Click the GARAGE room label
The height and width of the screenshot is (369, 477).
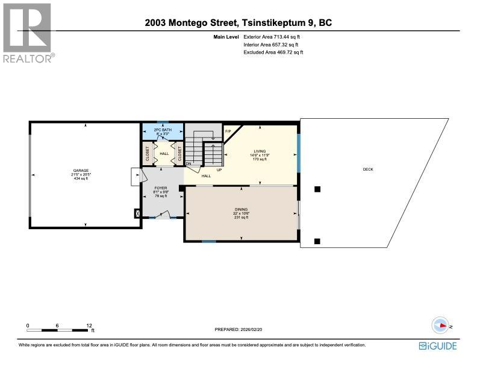pyautogui.click(x=80, y=171)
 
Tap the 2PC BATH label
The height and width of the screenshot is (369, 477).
pyautogui.click(x=160, y=130)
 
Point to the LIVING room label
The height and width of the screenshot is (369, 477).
pyautogui.click(x=260, y=151)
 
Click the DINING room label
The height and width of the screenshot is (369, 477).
pyautogui.click(x=241, y=210)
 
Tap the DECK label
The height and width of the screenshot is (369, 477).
pyautogui.click(x=367, y=169)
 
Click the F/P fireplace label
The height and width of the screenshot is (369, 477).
pyautogui.click(x=228, y=131)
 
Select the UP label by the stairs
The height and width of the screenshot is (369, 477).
pyautogui.click(x=219, y=170)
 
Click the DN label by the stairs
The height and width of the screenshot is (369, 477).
pyautogui.click(x=189, y=164)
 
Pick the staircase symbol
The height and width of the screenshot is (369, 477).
pyautogui.click(x=202, y=150)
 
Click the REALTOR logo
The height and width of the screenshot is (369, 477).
pyautogui.click(x=28, y=32)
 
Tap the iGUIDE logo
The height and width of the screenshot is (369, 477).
pyautogui.click(x=437, y=345)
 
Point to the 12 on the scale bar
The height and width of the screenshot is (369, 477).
pyautogui.click(x=89, y=325)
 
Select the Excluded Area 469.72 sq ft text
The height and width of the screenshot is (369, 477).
pyautogui.click(x=273, y=52)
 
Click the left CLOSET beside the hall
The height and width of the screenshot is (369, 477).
pyautogui.click(x=146, y=153)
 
